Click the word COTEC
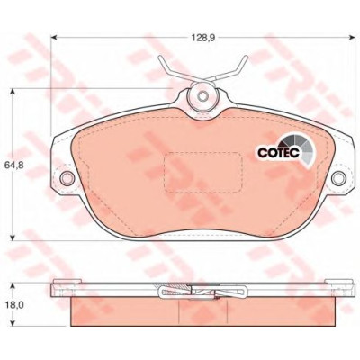pos(278,152)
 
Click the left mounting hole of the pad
pos(67,178)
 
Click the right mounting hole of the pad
pos(338,178)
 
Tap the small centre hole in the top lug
pos(203,96)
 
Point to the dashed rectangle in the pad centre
pos(203,172)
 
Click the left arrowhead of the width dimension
pos(54,38)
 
